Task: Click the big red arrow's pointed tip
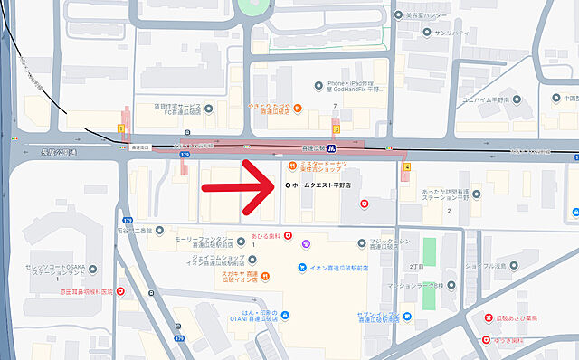(x=277, y=185)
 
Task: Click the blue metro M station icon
(x=333, y=147)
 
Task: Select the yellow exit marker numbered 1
(x=121, y=129)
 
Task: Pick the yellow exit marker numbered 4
(x=407, y=167)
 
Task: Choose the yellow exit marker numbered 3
(x=336, y=129)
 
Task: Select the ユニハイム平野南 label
(x=489, y=99)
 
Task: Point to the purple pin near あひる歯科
(x=307, y=242)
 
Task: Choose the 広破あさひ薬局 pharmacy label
(x=523, y=318)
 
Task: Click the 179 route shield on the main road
(x=185, y=155)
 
